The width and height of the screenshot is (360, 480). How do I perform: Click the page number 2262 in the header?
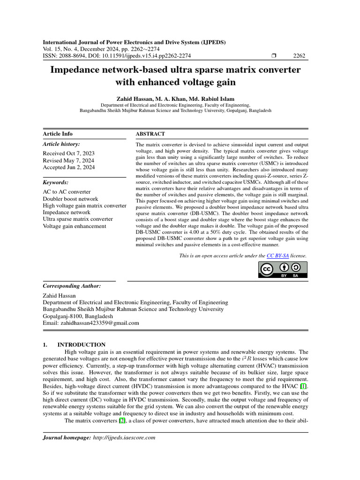[x=299, y=56]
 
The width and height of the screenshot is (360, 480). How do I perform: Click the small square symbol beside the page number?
[x=274, y=56]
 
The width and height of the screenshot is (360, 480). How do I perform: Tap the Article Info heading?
[x=58, y=134]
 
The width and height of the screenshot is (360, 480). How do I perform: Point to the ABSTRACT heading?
[x=150, y=134]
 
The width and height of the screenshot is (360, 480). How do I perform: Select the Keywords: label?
[x=55, y=182]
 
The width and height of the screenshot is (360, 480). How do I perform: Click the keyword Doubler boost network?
[x=70, y=199]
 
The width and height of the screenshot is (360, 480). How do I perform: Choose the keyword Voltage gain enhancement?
[x=75, y=226]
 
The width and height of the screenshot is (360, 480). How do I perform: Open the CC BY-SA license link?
[x=277, y=255]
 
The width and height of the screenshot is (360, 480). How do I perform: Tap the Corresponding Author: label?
[x=71, y=285]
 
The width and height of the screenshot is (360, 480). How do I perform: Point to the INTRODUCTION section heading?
[x=81, y=345]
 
